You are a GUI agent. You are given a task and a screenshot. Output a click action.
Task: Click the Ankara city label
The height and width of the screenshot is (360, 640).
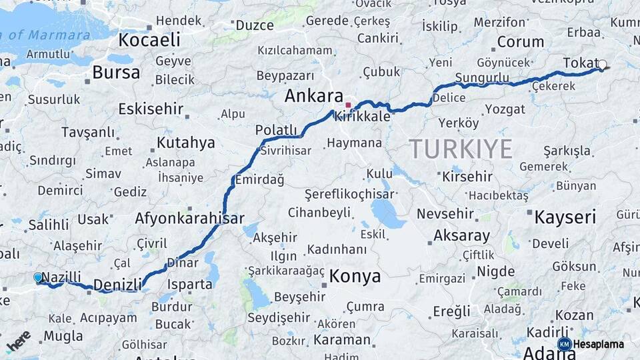tap(313, 96)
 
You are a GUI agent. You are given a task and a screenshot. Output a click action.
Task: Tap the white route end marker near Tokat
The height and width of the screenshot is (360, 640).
tap(602, 65)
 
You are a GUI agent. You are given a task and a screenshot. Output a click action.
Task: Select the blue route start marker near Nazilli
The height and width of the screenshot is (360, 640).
tap(38, 277)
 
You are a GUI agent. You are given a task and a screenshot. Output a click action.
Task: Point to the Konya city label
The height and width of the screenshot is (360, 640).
tap(355, 277)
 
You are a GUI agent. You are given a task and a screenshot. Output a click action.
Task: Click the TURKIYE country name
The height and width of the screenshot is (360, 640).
tap(460, 149)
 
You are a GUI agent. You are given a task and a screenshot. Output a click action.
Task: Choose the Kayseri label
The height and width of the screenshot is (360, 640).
tap(565, 217)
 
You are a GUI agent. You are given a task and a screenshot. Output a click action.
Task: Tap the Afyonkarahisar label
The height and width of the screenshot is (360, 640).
tap(189, 218)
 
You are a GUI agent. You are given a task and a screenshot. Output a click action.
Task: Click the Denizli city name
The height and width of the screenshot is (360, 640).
tap(118, 285)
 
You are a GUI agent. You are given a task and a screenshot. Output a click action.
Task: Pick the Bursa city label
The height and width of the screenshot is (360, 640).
tap(116, 72)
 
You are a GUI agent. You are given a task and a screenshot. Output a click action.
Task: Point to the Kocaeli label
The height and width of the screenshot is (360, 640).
tap(149, 40)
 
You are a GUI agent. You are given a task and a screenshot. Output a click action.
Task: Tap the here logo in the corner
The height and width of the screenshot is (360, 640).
tap(19, 340)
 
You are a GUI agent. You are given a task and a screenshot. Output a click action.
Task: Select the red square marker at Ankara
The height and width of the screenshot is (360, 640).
tap(347, 105)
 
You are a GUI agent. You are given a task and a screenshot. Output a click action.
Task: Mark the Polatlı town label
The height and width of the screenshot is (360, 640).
tap(276, 129)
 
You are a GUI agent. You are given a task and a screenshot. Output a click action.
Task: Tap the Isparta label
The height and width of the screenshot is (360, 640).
tap(189, 285)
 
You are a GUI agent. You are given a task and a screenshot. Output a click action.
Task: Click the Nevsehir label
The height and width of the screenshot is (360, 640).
tap(445, 215)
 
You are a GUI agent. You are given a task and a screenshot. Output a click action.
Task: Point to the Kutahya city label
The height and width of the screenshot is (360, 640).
tap(185, 143)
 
